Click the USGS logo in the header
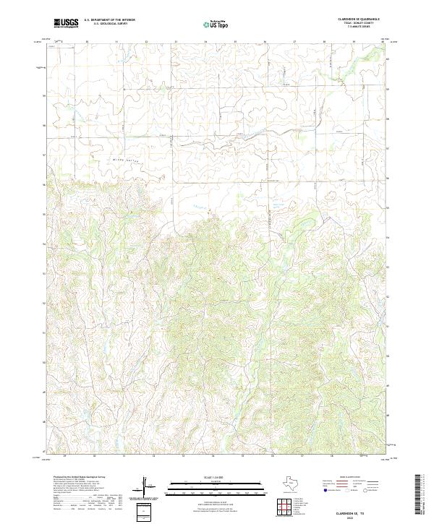[67, 24]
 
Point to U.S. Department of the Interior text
[110, 20]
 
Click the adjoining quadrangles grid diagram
[286, 505]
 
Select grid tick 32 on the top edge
[146, 42]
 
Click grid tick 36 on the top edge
[265, 42]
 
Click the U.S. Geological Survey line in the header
[110, 24]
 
